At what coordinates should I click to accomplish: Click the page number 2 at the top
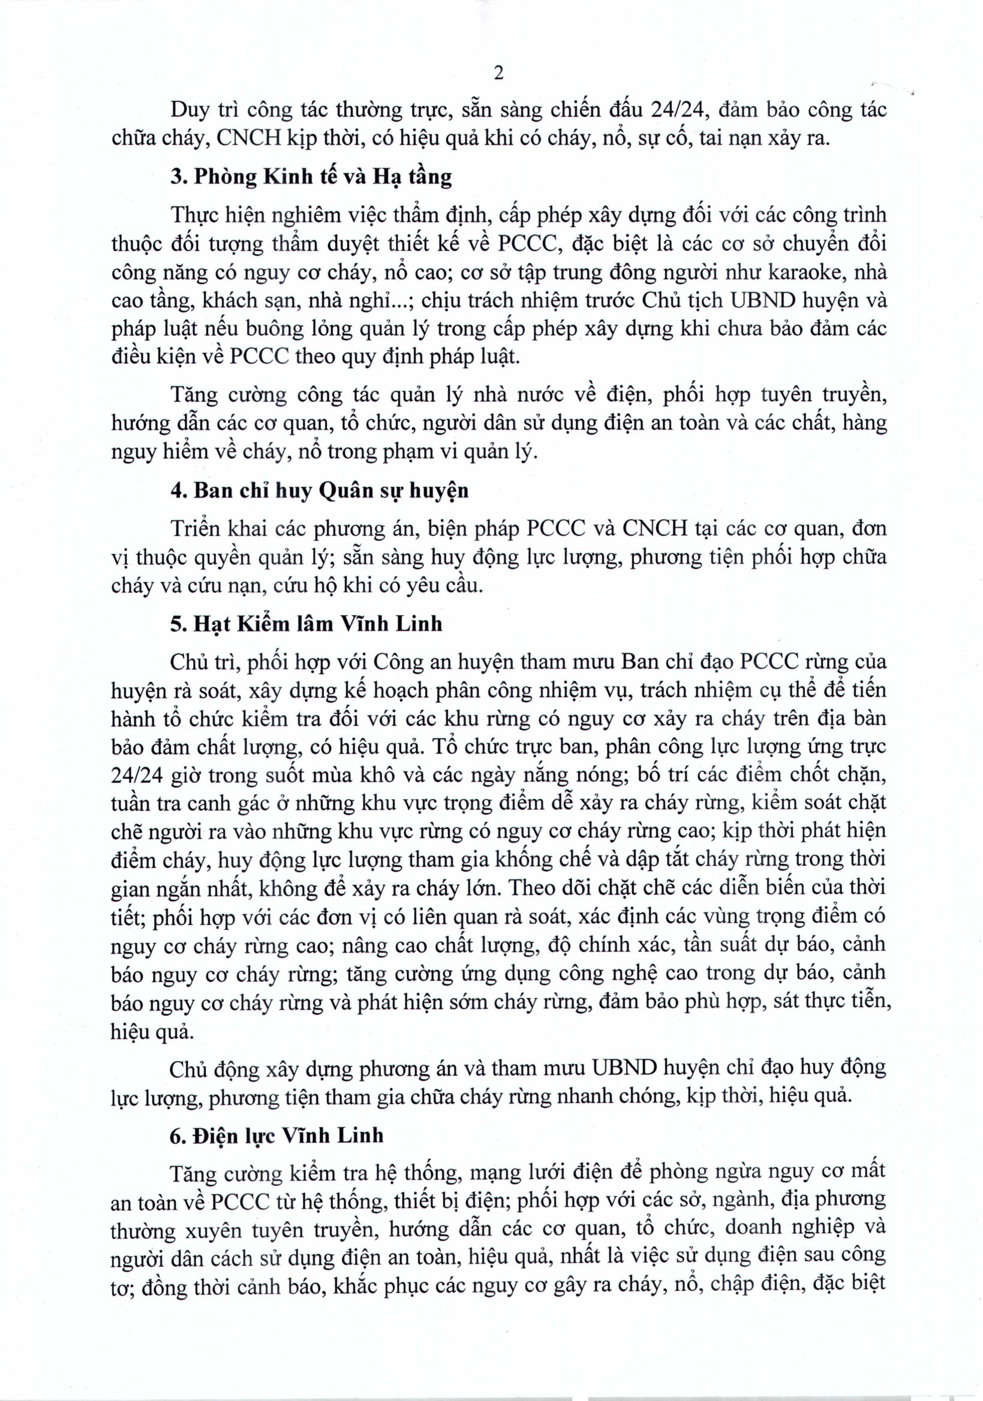pyautogui.click(x=498, y=74)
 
